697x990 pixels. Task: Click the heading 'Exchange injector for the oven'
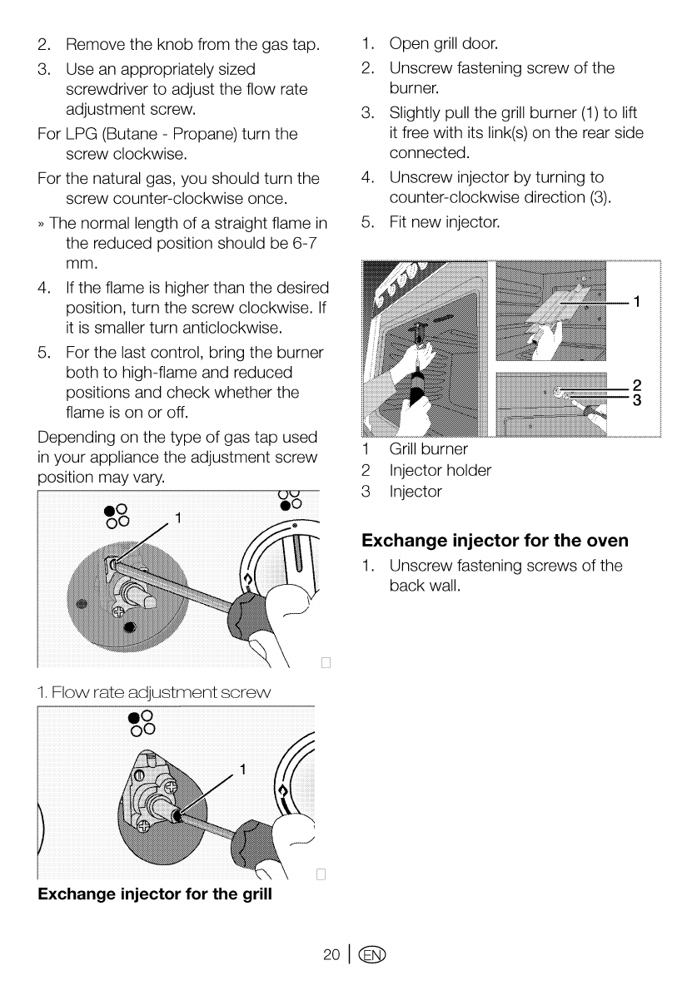pyautogui.click(x=495, y=542)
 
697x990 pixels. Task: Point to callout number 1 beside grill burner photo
pyautogui.click(x=637, y=300)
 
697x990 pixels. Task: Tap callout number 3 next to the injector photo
pyautogui.click(x=637, y=400)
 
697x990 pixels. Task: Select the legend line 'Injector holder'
pyautogui.click(x=440, y=471)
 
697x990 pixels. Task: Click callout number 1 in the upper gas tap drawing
pyautogui.click(x=177, y=522)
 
